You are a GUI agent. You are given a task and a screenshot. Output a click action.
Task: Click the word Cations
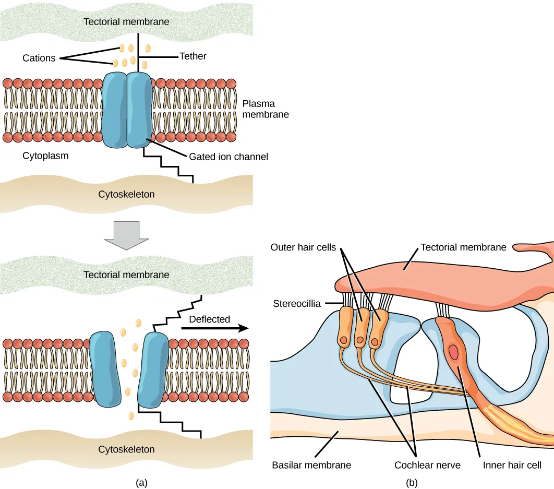[x=39, y=58]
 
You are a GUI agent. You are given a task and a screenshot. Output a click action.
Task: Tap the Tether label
[x=193, y=56]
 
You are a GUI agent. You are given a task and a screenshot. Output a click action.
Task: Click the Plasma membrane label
[x=266, y=109]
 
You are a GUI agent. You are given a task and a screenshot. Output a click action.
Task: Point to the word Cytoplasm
[x=45, y=156]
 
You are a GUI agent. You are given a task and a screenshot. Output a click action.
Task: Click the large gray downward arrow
[x=126, y=233]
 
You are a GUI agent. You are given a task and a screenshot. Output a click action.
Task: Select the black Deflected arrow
[x=214, y=329]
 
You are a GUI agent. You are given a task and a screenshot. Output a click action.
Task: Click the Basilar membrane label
[x=311, y=464]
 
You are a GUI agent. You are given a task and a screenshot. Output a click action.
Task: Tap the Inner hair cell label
[x=511, y=464]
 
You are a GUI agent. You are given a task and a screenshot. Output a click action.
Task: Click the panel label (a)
[x=141, y=483]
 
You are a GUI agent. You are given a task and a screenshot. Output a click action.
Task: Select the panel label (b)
[x=412, y=483]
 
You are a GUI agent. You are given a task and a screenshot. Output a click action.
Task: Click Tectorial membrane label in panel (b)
[x=463, y=247]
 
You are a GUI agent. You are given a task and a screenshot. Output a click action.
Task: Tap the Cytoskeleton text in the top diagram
[x=126, y=194]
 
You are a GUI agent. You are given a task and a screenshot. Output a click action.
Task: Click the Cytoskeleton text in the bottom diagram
[x=126, y=449]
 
